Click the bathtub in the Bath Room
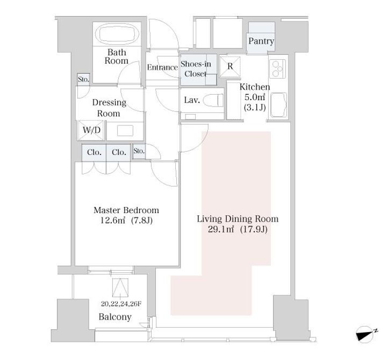tap(117, 33)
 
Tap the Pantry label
tap(261, 41)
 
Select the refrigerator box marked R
tap(230, 67)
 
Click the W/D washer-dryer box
tap(91, 130)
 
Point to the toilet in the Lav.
tap(213, 100)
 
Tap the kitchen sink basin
tap(278, 105)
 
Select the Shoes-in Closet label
tap(196, 69)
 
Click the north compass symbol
tap(365, 335)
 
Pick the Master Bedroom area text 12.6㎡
tap(112, 221)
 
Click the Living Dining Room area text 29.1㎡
tap(221, 230)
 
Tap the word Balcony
tap(115, 317)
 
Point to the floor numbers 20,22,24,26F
tap(121, 304)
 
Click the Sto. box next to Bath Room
tap(83, 80)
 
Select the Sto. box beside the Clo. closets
tap(139, 151)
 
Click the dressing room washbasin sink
tap(125, 131)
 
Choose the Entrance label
tap(162, 67)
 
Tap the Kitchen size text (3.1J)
tap(255, 108)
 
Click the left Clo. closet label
tap(94, 152)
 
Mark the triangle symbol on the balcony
tap(120, 287)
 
